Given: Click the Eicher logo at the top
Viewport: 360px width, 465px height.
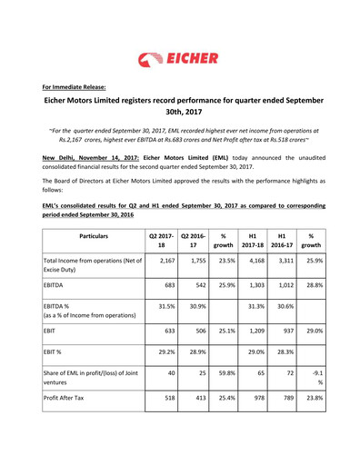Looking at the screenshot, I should pyautogui.click(x=179, y=60).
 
